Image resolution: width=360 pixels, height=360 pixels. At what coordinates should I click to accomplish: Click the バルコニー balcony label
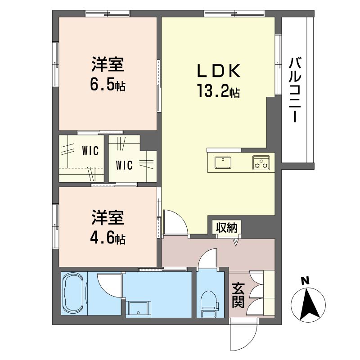point(295,90)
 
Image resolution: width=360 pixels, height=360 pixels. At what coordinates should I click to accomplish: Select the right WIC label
point(124,165)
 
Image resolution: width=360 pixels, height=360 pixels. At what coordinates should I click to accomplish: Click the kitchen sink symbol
point(223,162)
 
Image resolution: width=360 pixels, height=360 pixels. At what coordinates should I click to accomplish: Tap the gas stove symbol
point(261,163)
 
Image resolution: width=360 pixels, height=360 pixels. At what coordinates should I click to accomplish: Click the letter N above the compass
point(305,281)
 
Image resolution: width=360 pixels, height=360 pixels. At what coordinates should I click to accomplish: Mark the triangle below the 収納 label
point(235,243)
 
